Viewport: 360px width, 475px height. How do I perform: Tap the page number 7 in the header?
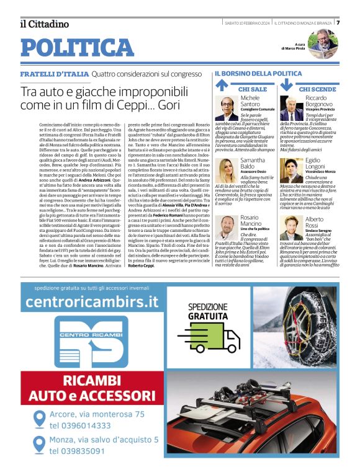(338, 23)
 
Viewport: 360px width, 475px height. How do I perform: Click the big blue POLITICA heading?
(77, 47)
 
